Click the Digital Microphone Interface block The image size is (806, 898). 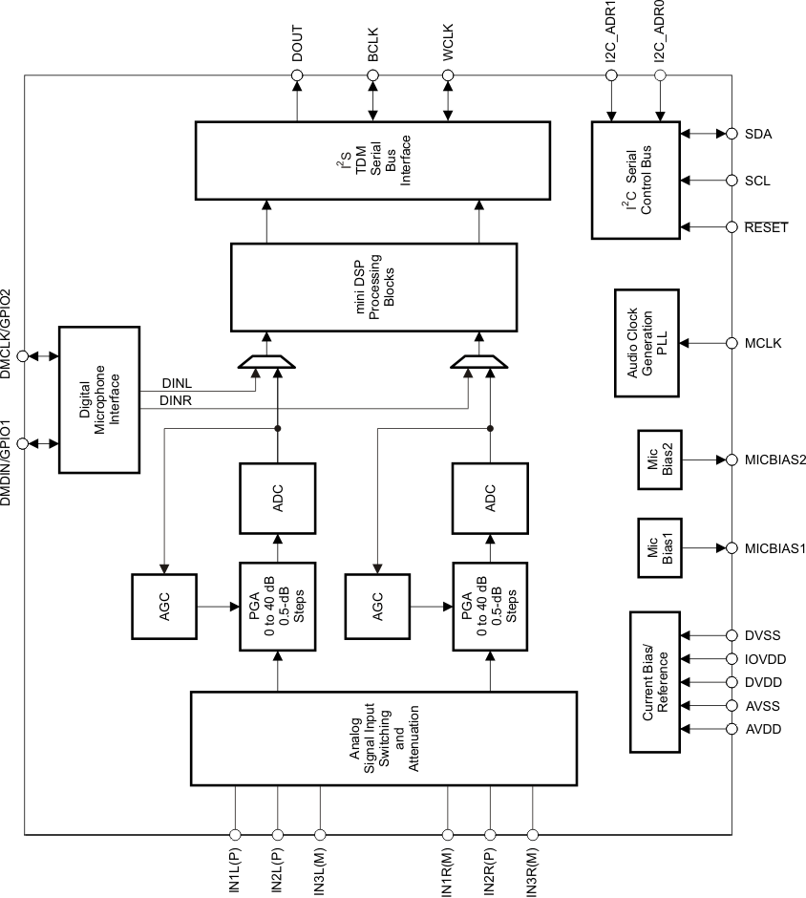pos(99,399)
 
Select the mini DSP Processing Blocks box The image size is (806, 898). pos(374,287)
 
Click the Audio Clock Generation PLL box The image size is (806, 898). pos(647,341)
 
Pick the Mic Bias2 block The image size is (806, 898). pos(659,460)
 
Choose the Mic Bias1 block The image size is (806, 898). pos(659,548)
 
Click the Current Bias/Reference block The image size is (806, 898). pos(660,682)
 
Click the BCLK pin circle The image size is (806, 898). pos(372,75)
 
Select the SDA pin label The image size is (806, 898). pos(757,134)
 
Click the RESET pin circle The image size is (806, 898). pos(732,227)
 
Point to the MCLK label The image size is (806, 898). pos(763,342)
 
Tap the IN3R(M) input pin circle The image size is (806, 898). pos(532,833)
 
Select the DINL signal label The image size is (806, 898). pos(176,384)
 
